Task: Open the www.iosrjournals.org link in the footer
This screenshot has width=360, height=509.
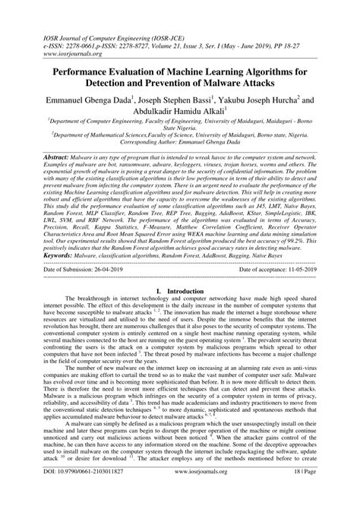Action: click(180, 492)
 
